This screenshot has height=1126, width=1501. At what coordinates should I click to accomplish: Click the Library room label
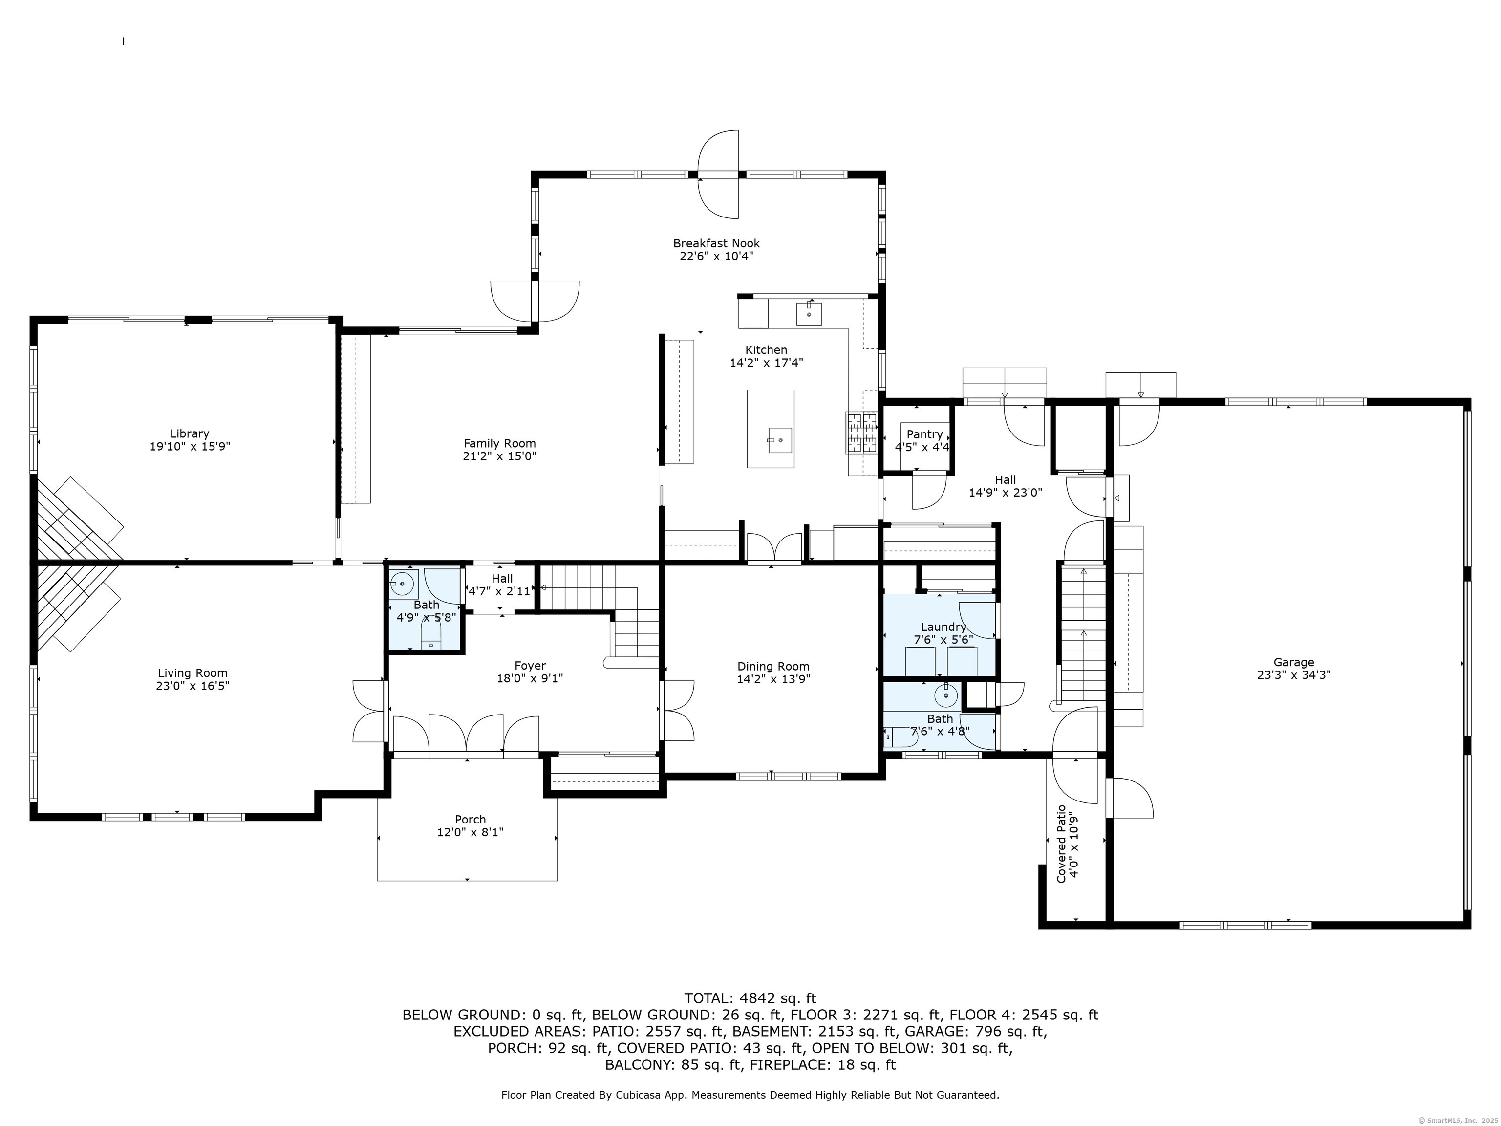189,433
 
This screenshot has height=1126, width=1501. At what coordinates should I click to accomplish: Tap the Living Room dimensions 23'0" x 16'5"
193,686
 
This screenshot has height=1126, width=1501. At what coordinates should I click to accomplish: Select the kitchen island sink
780,440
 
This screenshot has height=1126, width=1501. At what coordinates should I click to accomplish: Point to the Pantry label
924,434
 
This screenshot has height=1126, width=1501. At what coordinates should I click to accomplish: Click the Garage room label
1293,662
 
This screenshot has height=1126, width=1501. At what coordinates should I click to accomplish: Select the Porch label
470,819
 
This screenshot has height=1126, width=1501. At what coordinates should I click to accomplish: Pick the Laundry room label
943,627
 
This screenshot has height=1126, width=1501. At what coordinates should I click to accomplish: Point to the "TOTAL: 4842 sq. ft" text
750,998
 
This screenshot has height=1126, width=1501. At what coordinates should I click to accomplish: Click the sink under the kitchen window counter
809,314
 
